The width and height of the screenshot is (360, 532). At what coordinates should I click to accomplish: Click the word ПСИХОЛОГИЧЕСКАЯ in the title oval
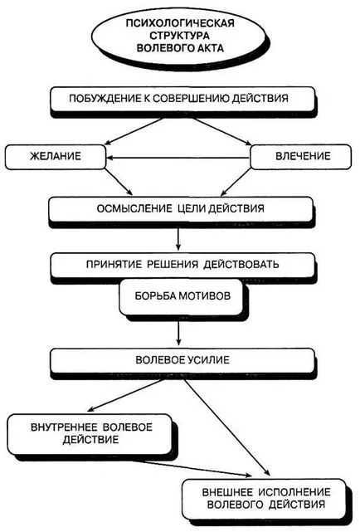pos(180,23)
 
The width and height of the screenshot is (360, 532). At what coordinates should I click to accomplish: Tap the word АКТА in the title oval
pos(208,48)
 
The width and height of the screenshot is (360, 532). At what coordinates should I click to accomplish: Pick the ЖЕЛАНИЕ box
pos(56,157)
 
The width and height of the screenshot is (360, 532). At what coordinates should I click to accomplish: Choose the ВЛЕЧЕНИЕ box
pos(300,157)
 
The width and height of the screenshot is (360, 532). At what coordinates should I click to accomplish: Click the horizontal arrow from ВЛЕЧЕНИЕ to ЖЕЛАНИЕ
pos(178,158)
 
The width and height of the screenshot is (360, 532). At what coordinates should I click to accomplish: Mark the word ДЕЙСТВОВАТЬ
pos(241,264)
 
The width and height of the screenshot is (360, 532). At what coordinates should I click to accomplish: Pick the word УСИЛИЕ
pos(207,359)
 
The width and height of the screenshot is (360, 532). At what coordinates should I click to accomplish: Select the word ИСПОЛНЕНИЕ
pos(294,492)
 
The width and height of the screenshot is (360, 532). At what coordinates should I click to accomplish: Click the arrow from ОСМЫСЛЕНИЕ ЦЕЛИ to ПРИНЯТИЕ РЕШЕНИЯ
pos(178,239)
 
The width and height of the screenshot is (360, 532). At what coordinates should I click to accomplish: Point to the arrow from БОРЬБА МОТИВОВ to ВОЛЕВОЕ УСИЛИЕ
pos(178,333)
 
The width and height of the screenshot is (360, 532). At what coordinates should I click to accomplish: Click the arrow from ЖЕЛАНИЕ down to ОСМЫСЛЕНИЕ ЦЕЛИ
pos(119,182)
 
